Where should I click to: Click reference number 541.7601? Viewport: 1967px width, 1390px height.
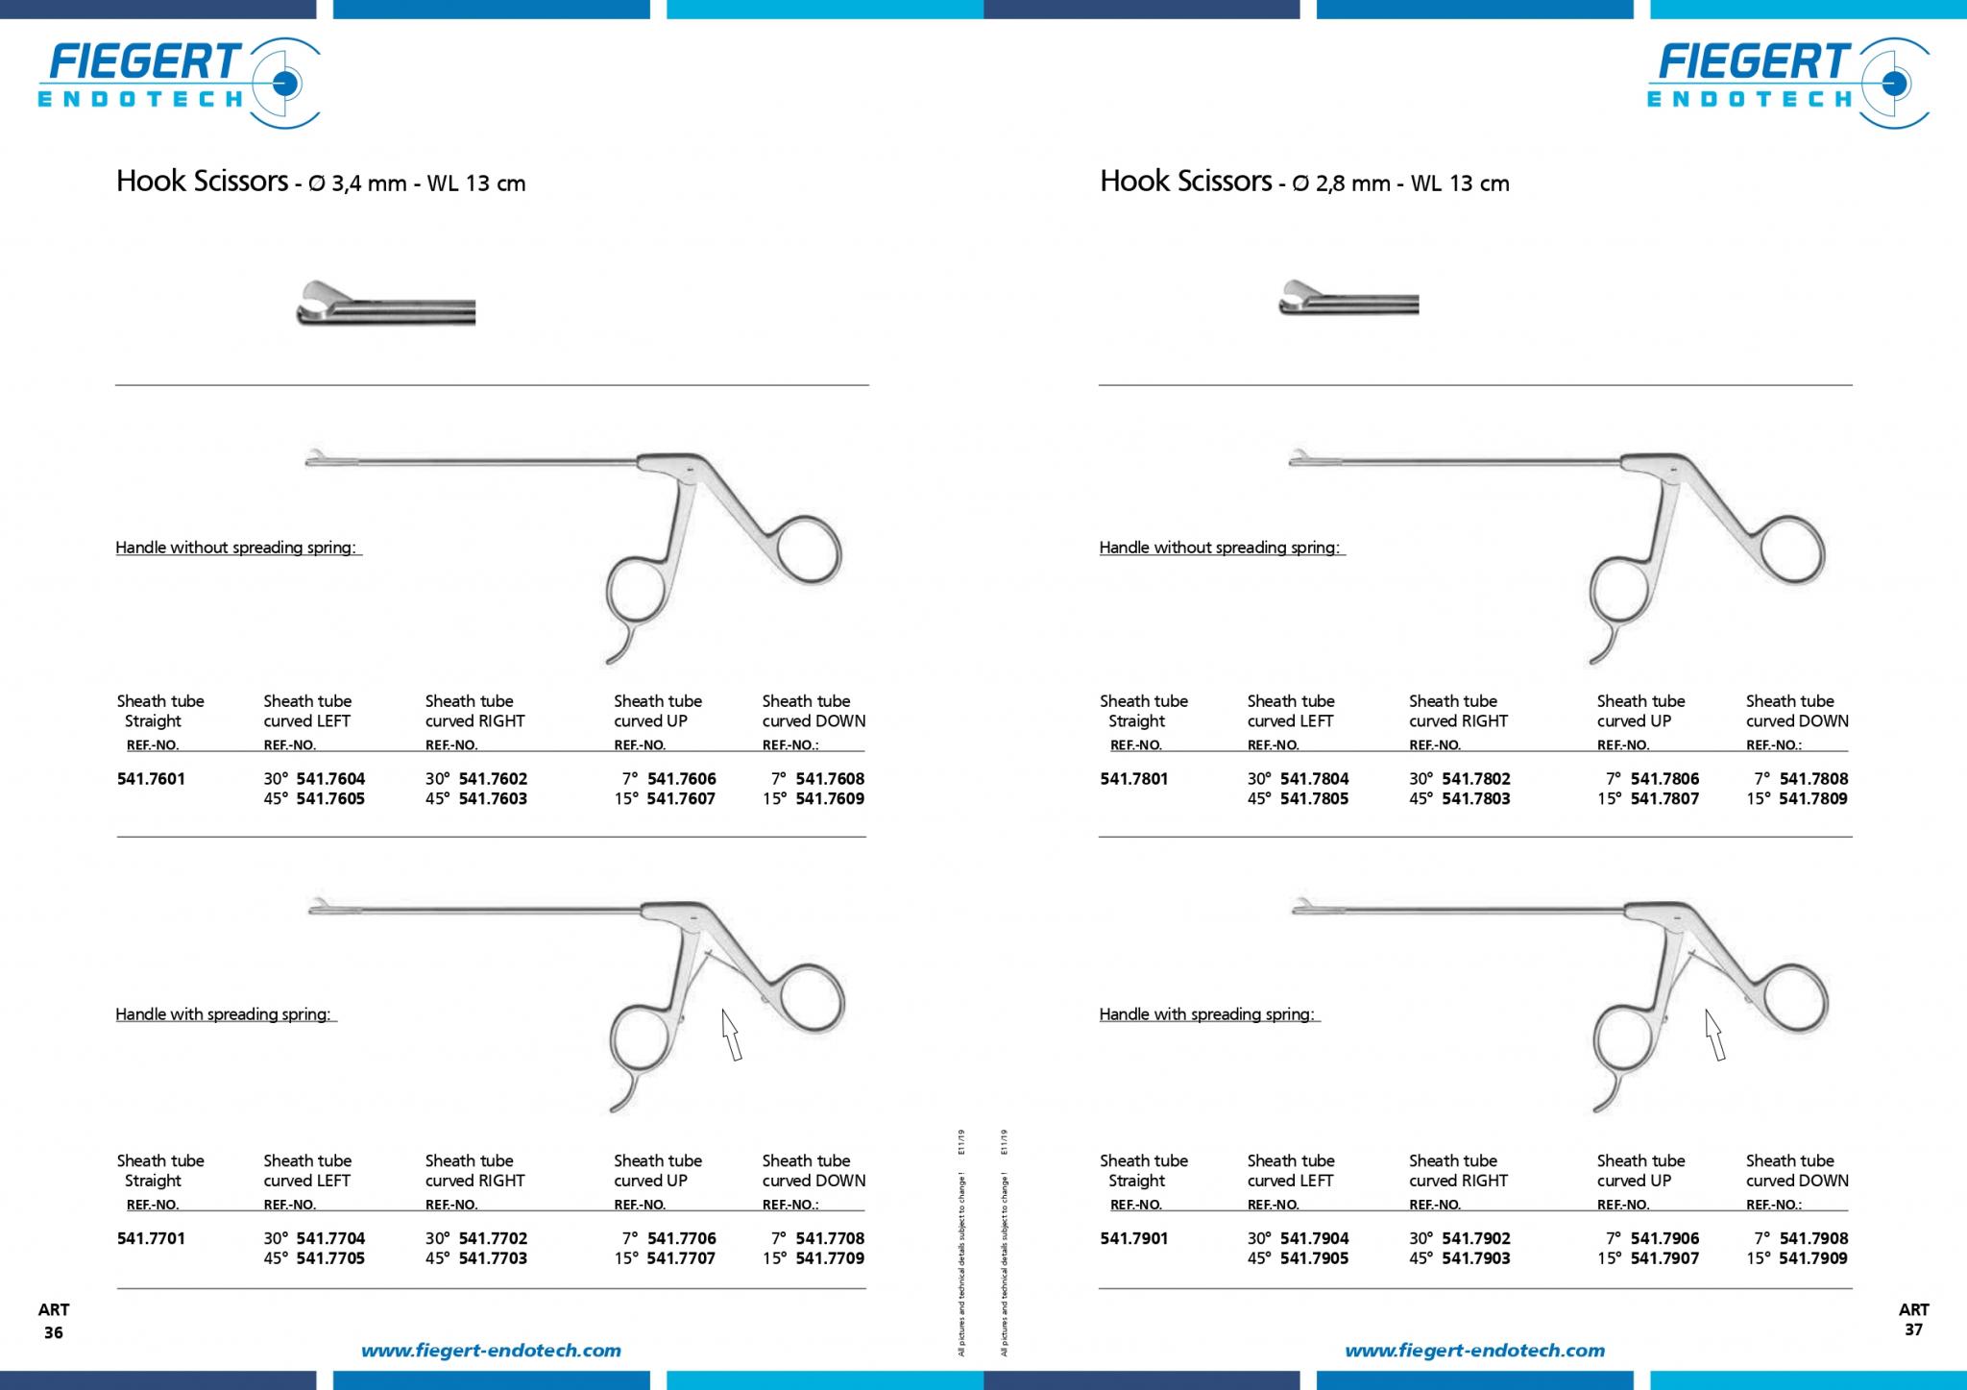coord(151,779)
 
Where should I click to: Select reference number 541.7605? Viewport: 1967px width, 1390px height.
coord(330,799)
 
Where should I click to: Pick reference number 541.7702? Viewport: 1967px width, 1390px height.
coord(493,1239)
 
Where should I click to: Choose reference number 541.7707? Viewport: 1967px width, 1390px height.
coord(681,1258)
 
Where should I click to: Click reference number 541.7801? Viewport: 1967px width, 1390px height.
coord(1134,779)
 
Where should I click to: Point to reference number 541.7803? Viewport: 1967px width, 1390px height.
coord(1476,799)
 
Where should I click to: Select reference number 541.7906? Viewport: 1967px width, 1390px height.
coord(1664,1239)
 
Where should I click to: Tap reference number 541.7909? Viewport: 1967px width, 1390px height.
coord(1813,1258)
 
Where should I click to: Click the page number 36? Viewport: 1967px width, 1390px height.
coord(54,1332)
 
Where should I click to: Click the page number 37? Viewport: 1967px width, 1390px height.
coord(1913,1330)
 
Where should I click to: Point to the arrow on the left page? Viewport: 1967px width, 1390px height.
coord(732,1036)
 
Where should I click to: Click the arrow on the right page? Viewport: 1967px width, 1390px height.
coord(1715,1036)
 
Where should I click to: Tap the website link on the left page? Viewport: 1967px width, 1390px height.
coord(491,1351)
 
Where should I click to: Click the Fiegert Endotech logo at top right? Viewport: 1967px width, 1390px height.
coord(1788,82)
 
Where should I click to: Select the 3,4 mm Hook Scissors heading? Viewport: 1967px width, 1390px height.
coord(321,182)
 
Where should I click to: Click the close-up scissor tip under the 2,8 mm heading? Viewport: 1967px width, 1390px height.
coord(1348,299)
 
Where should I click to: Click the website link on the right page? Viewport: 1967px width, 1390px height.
coord(1474,1351)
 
